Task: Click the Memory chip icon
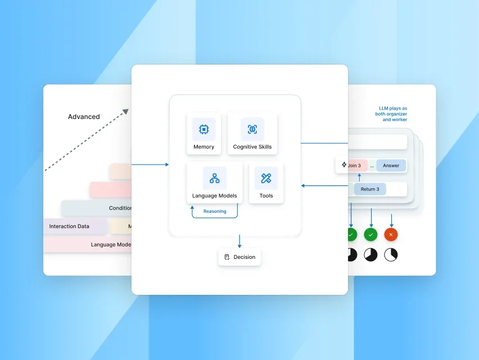(x=204, y=129)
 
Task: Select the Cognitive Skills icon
(x=252, y=129)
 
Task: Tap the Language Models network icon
(x=214, y=178)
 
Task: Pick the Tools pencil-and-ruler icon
(x=266, y=178)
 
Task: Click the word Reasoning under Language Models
(x=215, y=212)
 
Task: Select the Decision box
(x=239, y=257)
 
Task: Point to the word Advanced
(x=84, y=117)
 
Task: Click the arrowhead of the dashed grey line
(x=125, y=112)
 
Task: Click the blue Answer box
(x=391, y=166)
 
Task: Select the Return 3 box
(x=369, y=189)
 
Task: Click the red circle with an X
(x=391, y=234)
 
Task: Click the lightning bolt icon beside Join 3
(x=344, y=165)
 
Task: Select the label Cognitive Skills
(x=252, y=147)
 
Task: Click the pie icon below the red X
(x=391, y=254)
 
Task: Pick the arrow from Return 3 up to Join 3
(x=359, y=177)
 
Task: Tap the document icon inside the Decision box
(x=227, y=257)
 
